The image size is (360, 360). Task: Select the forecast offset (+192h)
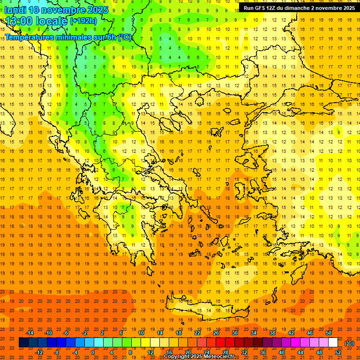pyautogui.click(x=83, y=21)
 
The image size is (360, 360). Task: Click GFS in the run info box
pyautogui.click(x=261, y=8)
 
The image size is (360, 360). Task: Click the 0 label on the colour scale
pyautogui.click(x=93, y=352)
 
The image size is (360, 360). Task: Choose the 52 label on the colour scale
pyautogui.click(x=338, y=352)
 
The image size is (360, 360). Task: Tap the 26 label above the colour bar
pyautogui.click(x=216, y=333)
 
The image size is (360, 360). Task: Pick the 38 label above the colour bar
pyautogui.click(x=272, y=333)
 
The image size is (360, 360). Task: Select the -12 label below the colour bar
pyautogui.click(x=39, y=352)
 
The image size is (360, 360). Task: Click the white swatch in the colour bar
pyautogui.click(x=333, y=343)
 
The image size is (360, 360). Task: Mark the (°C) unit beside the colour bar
pyautogui.click(x=349, y=343)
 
